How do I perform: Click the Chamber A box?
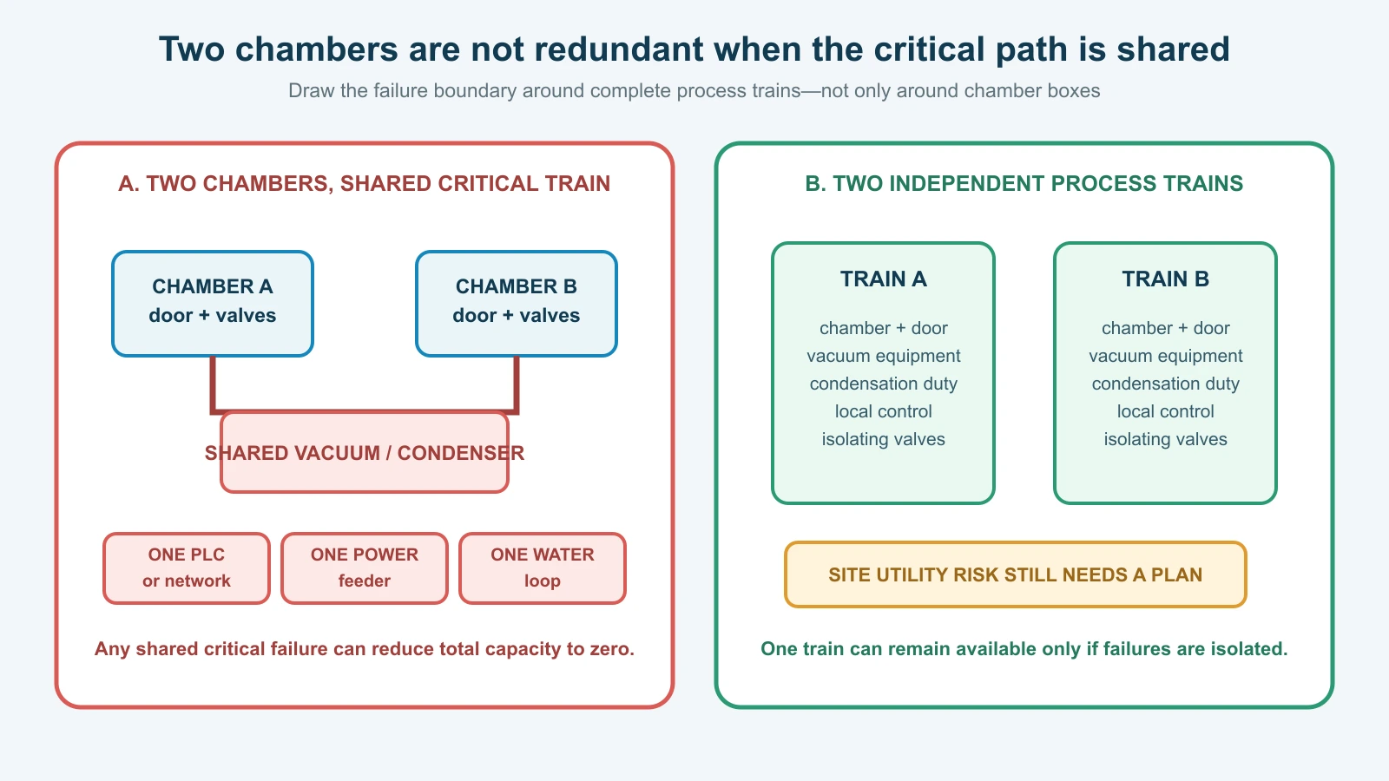pos(213,304)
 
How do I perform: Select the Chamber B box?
pos(517,304)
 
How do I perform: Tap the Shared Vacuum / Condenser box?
pos(365,452)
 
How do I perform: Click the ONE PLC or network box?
pos(187,568)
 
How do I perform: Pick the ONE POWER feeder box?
pos(365,568)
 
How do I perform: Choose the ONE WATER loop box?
pos(543,568)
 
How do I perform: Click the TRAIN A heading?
pos(884,279)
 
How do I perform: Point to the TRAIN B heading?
pos(1166,279)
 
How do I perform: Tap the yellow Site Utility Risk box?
pos(1016,574)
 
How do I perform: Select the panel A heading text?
pos(365,183)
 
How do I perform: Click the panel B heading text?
pos(1024,183)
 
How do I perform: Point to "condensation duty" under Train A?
pos(884,384)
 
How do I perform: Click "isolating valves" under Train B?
pos(1166,439)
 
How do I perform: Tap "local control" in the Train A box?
pos(884,411)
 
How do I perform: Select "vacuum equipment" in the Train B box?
pos(1166,356)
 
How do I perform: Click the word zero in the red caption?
pos(611,649)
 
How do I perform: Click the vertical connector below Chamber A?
pos(213,384)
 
